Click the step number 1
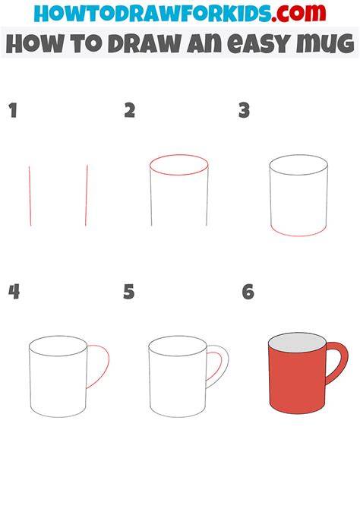tap(13, 110)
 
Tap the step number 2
tap(130, 110)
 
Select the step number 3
tap(244, 110)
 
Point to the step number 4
tap(14, 292)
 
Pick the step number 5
tap(129, 292)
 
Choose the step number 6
tap(248, 292)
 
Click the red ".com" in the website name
tap(298, 13)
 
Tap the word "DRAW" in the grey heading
tap(144, 43)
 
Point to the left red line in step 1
tap(30, 196)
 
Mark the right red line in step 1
tap(87, 195)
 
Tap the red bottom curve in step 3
tap(298, 236)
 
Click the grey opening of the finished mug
tap(298, 342)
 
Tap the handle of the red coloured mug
tap(343, 360)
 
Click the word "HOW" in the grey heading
tap(34, 43)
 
